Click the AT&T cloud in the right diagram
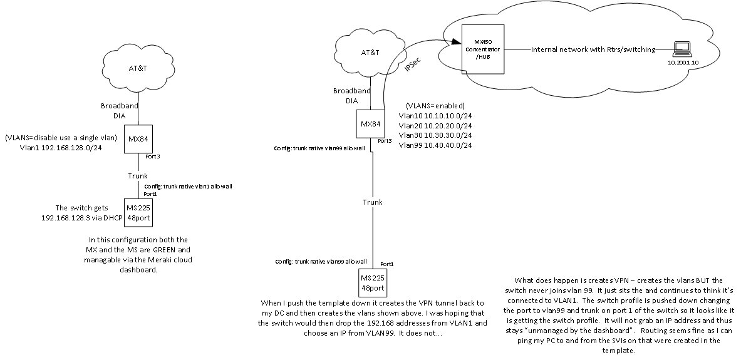coord(370,52)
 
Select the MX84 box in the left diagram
coord(137,137)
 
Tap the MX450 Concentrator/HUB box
coord(482,48)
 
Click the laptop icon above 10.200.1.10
coord(679,48)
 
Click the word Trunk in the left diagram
coord(137,176)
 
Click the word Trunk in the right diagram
coord(372,202)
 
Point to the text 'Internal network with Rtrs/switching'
coord(593,49)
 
